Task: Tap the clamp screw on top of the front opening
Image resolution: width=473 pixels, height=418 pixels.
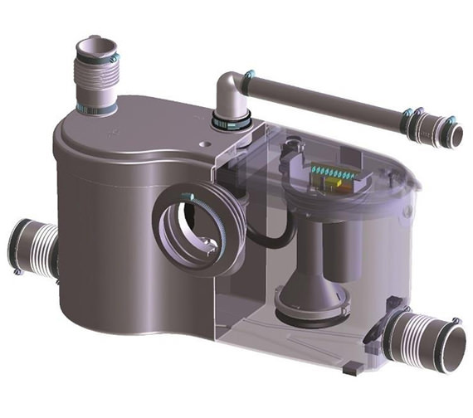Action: coord(191,197)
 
